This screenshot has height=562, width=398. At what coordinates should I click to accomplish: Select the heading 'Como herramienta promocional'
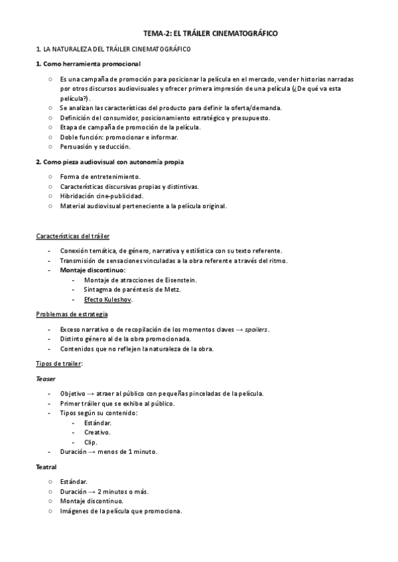point(88,64)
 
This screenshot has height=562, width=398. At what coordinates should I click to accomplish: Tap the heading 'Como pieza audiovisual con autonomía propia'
point(110,162)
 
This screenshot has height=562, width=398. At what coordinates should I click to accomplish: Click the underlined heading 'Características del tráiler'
point(73,237)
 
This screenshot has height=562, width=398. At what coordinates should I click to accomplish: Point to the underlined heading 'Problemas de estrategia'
point(72,314)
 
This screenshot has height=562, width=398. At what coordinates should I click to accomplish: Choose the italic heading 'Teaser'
point(46,378)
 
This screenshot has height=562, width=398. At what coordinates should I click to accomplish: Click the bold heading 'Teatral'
point(46,467)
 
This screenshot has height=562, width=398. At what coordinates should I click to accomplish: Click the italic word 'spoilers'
point(257,329)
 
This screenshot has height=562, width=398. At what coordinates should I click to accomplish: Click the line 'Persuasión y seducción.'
point(95,146)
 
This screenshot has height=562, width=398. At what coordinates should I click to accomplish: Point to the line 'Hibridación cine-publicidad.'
point(101,196)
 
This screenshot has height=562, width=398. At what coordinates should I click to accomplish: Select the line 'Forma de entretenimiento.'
point(100,177)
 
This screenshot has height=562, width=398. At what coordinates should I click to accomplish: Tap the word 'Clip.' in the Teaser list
point(91,442)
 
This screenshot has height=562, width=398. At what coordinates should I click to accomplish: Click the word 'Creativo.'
point(98,432)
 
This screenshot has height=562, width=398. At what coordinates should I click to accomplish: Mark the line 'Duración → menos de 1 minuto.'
point(109,452)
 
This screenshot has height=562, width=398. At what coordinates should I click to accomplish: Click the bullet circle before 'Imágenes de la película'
point(50,512)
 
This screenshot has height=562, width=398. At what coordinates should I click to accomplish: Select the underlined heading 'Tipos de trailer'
point(59,363)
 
